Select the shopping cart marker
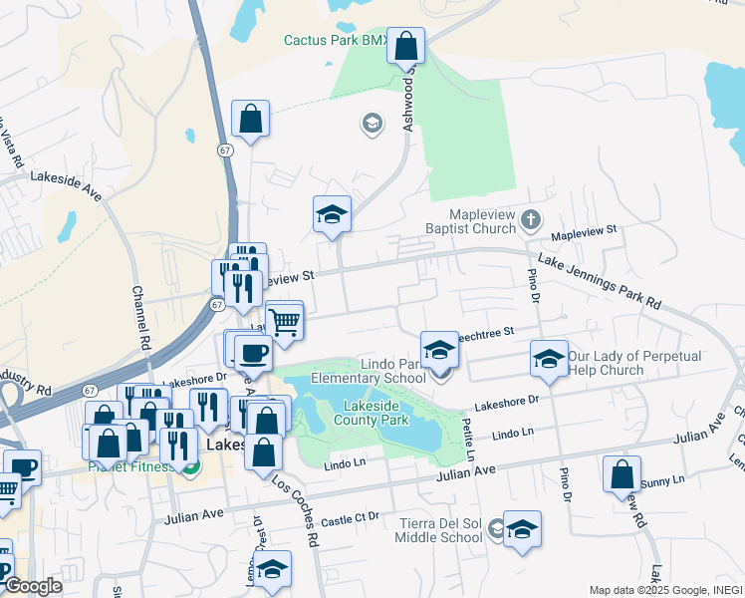pos(285,321)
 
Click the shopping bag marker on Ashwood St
pos(405,45)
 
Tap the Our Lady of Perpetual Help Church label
pos(648,363)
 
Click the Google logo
pos(33,586)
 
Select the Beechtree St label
pos(488,331)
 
